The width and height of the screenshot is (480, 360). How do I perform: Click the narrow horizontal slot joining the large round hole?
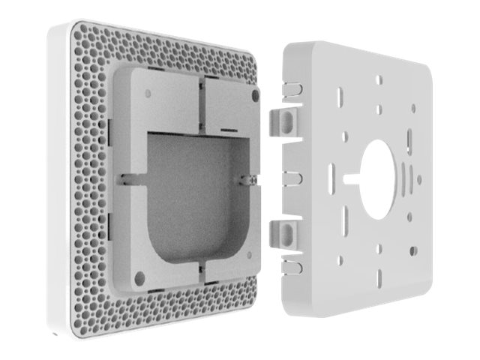pos(352,178)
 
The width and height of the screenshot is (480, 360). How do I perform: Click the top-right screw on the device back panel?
pos(256,96)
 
